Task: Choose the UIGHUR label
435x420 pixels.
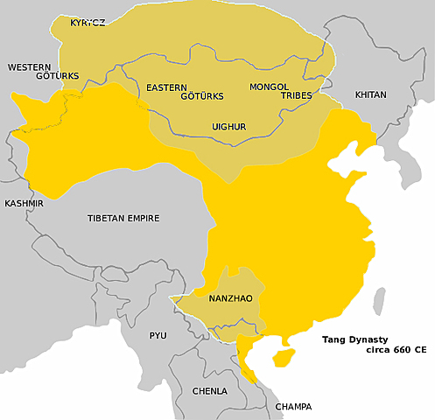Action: [229, 127]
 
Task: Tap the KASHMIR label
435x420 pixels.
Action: [24, 203]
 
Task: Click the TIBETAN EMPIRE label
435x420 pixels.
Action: [130, 218]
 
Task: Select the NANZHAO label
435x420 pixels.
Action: [231, 298]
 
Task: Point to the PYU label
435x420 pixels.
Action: [158, 335]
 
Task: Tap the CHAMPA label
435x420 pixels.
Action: [292, 408]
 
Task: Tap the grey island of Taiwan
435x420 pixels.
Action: [379, 300]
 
